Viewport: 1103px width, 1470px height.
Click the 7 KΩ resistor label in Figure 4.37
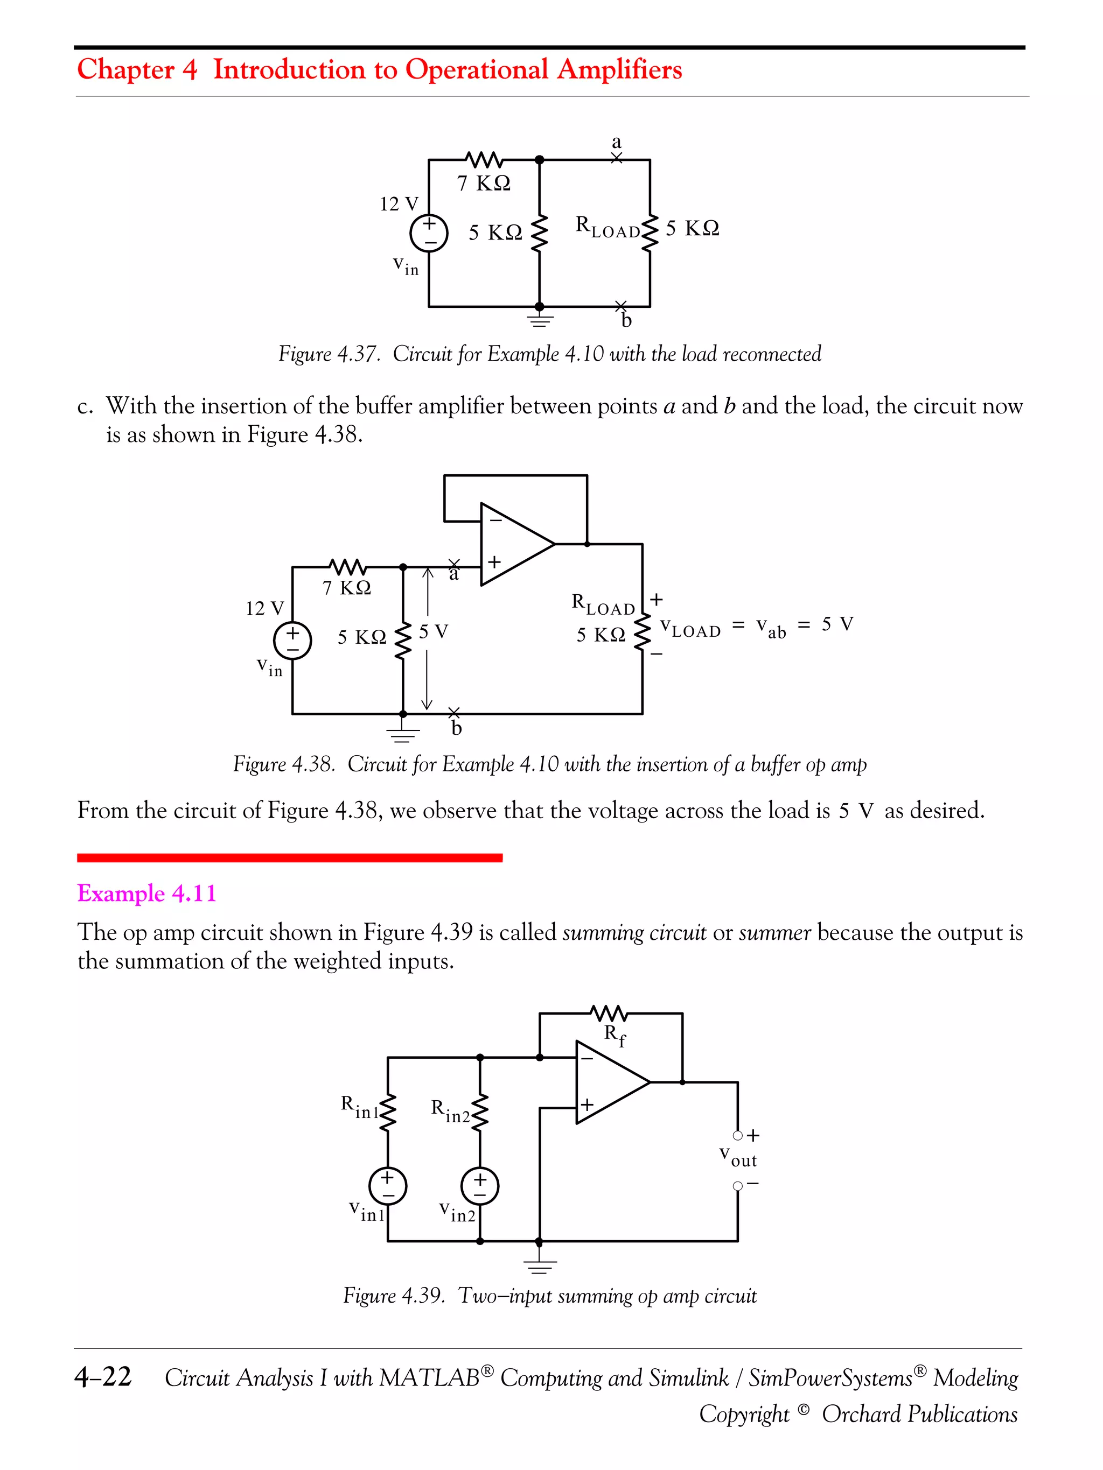click(483, 183)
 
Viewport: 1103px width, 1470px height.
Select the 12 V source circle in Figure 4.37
click(429, 233)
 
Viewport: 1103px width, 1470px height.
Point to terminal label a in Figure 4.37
click(616, 142)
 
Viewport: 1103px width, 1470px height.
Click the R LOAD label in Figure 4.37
click(607, 227)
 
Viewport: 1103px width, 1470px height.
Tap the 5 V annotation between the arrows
click(433, 631)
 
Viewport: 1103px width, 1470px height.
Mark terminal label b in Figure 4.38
click(456, 729)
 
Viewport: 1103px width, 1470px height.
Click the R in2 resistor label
click(450, 1110)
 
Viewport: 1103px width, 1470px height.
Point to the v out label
click(737, 1156)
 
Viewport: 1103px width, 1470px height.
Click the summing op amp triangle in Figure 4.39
click(609, 1082)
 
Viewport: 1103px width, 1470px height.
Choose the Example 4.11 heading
click(147, 893)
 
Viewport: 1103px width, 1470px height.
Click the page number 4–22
click(103, 1376)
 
